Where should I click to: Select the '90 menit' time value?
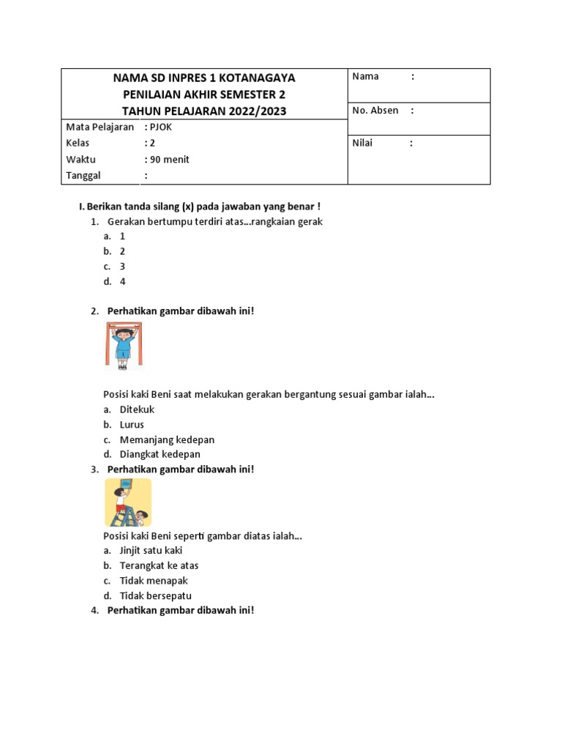click(170, 159)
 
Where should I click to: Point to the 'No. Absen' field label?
click(375, 111)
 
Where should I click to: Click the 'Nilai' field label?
click(362, 143)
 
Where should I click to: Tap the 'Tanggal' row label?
click(83, 175)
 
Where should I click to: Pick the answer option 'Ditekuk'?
click(137, 409)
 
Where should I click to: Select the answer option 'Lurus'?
click(132, 424)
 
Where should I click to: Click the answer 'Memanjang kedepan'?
click(167, 439)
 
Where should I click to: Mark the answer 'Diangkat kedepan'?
click(160, 454)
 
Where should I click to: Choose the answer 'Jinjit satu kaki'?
click(151, 550)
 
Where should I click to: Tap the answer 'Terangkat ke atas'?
click(159, 565)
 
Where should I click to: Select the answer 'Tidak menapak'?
click(154, 581)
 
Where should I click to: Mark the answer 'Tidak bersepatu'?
click(155, 595)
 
